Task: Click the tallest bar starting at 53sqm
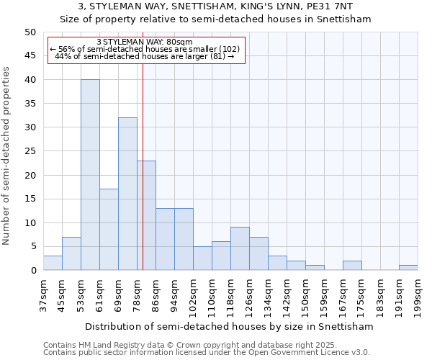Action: pyautogui.click(x=90, y=175)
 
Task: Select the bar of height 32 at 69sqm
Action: pyautogui.click(x=127, y=194)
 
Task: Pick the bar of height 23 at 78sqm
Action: pyautogui.click(x=146, y=215)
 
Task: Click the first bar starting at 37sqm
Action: pyautogui.click(x=53, y=263)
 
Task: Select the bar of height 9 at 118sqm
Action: pyautogui.click(x=240, y=248)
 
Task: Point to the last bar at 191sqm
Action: pyautogui.click(x=408, y=268)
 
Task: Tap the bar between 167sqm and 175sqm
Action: pyautogui.click(x=352, y=266)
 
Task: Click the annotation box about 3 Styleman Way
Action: pyautogui.click(x=146, y=50)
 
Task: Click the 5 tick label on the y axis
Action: pyautogui.click(x=33, y=246)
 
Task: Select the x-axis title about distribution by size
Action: pyautogui.click(x=229, y=326)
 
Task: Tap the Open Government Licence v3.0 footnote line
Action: pyautogui.click(x=207, y=352)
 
